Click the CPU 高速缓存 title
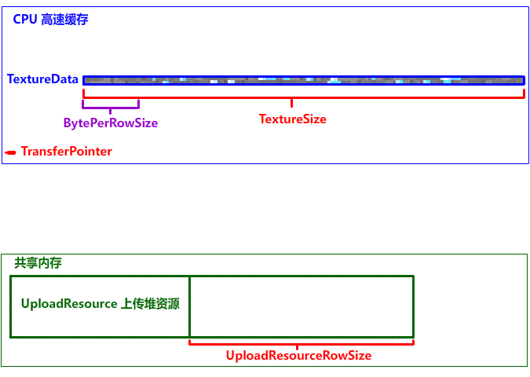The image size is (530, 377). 50,20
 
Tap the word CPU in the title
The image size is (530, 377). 24,20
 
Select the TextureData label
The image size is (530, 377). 42,79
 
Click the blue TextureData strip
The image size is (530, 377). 303,80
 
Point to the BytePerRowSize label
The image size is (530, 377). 111,123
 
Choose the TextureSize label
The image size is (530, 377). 292,119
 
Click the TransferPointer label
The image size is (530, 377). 66,152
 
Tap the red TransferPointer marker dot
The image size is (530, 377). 10,152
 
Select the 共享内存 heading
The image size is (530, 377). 38,263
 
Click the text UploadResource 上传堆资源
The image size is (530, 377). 100,304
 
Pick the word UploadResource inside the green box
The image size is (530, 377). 69,304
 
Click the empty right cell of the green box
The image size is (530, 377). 302,306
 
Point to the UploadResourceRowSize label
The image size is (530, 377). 298,356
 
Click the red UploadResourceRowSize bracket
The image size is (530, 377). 302,342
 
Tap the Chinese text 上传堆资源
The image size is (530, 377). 150,304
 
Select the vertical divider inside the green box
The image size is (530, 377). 190,306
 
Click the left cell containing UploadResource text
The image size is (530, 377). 100,318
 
